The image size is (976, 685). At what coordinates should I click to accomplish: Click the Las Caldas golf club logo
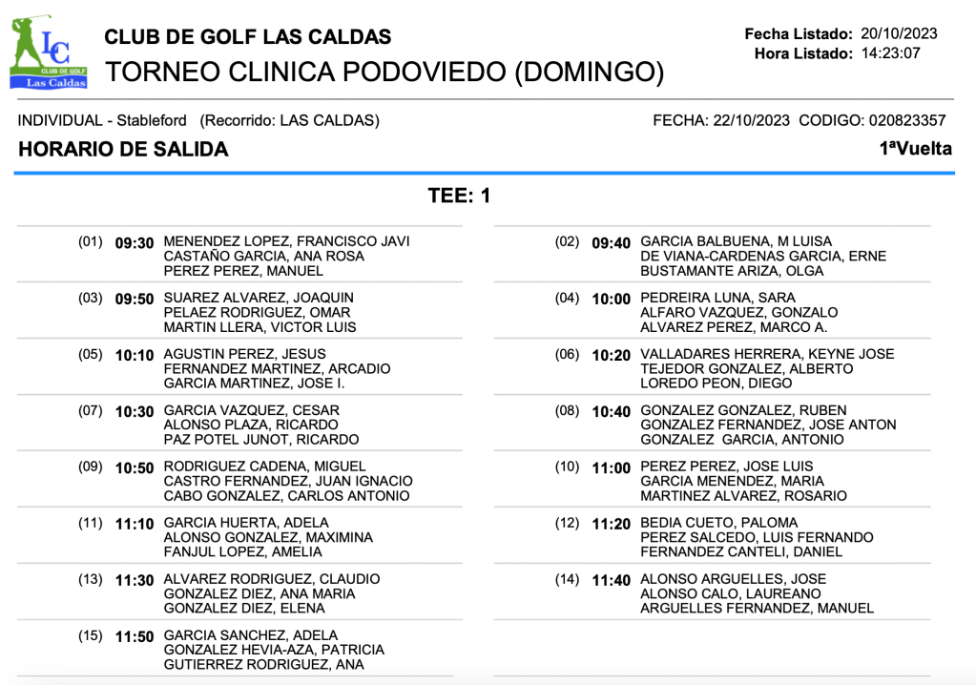pos(48,52)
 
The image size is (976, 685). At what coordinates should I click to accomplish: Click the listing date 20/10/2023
pos(899,33)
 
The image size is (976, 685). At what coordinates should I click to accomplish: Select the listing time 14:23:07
pos(890,53)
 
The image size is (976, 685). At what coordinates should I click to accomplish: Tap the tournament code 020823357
pos(906,120)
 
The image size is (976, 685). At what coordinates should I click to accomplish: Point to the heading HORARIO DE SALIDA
pos(123,149)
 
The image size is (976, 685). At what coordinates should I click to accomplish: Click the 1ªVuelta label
pos(916,149)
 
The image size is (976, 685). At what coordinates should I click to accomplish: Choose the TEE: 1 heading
pos(459,197)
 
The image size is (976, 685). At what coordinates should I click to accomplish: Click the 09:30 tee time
pos(134,242)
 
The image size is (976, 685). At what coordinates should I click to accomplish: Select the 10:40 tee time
pos(611,411)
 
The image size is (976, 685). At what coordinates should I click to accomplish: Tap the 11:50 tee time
pos(134,636)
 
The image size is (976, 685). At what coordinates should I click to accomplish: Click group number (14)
pos(568,579)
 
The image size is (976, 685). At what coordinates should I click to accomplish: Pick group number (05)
pos(91,354)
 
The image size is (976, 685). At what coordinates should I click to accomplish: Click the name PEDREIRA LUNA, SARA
pos(704,298)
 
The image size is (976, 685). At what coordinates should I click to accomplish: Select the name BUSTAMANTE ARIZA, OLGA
pos(732,271)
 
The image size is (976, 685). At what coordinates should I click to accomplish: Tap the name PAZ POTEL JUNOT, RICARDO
pos(261,440)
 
